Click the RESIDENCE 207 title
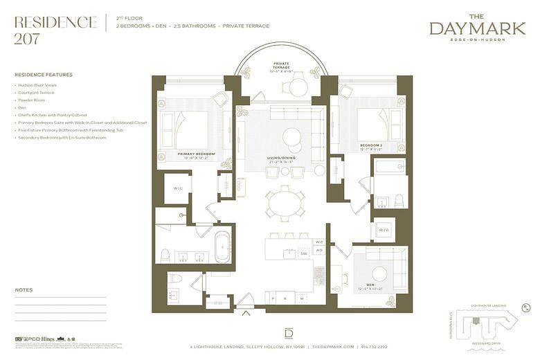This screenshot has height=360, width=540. pos(55,29)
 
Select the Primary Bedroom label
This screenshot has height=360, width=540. pos(196,154)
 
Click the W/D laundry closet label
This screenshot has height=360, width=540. pos(384,230)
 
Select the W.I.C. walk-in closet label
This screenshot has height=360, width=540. pos(178,188)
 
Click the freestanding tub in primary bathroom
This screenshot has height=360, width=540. pos(222,248)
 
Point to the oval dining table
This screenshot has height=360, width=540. pos(285,204)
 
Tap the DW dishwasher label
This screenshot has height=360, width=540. pos(303,254)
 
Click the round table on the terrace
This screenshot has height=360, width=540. pos(298,87)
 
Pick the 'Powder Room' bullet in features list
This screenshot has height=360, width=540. pos(31,100)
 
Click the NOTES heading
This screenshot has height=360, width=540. pos(24,290)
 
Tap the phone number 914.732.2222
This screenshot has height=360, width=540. pos(373,346)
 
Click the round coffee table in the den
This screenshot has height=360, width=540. pos(379,273)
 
